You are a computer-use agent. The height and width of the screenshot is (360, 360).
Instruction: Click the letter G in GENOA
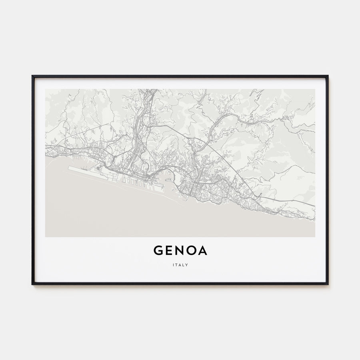(158, 250)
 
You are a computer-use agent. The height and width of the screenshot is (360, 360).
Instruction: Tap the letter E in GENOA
(169, 250)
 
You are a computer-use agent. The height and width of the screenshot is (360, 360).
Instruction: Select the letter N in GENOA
(180, 250)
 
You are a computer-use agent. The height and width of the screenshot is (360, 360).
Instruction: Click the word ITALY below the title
(180, 264)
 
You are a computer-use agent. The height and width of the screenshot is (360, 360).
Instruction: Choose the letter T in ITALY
(177, 264)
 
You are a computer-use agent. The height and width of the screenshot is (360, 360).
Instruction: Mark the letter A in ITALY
(180, 264)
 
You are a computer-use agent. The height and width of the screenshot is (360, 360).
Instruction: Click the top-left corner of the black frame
(32, 76)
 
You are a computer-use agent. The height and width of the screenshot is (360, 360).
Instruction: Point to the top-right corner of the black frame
(328, 76)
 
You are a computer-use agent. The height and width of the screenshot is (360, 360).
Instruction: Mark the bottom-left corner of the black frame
(32, 284)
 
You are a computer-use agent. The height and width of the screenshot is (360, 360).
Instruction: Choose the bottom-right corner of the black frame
(328, 284)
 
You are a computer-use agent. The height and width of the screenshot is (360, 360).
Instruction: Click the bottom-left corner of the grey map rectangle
(46, 237)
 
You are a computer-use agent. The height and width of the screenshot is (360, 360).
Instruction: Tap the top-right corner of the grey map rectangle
(315, 89)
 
